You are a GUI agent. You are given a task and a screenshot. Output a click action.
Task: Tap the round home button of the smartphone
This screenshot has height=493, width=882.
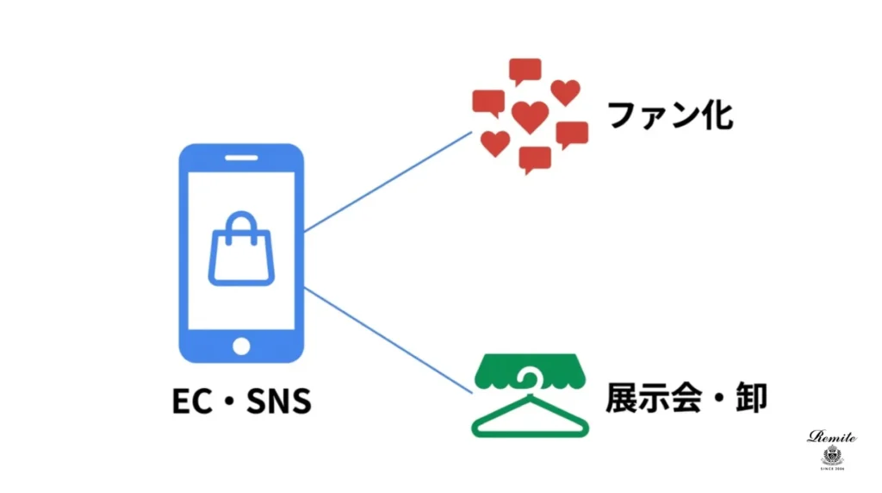241,346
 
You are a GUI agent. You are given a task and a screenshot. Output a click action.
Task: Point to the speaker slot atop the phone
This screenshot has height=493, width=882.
241,159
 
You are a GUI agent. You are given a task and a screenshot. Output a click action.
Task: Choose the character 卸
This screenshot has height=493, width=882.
747,397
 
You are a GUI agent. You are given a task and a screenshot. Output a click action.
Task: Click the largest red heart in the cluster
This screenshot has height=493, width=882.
529,115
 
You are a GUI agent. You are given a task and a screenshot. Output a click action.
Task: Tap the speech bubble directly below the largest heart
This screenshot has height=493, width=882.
535,159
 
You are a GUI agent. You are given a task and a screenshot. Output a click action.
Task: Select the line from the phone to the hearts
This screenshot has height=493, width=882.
388,181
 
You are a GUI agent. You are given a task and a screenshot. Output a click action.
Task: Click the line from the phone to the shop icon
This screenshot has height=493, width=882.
388,340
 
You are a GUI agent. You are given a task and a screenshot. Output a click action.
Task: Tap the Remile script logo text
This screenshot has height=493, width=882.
832,437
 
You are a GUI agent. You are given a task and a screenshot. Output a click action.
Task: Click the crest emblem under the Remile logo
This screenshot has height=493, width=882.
832,455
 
